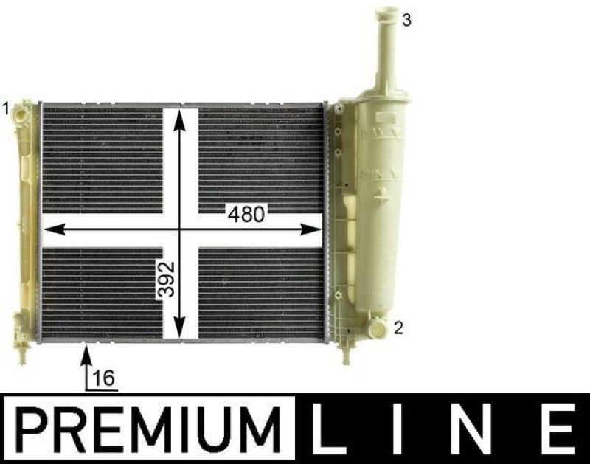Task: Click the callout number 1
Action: pyautogui.click(x=5, y=108)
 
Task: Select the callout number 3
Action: pyautogui.click(x=406, y=20)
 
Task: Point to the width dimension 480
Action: pyautogui.click(x=245, y=215)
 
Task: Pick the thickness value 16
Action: pyautogui.click(x=105, y=378)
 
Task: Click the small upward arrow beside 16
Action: pyautogui.click(x=87, y=360)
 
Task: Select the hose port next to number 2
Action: pyautogui.click(x=378, y=325)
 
